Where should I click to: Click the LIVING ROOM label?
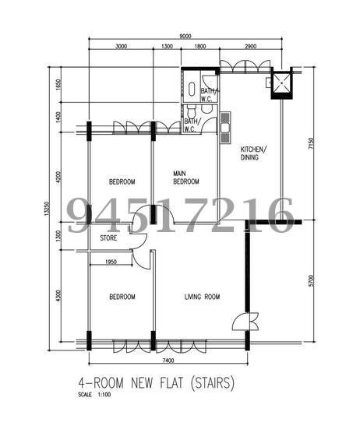[202, 297]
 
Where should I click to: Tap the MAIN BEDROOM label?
[186, 178]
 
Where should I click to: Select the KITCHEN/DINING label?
[253, 153]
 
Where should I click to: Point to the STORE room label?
[108, 238]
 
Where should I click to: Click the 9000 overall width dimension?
[185, 36]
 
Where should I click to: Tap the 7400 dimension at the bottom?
[168, 361]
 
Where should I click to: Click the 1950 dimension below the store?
[111, 262]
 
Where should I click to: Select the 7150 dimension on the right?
[311, 143]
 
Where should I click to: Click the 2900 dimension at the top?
[250, 46]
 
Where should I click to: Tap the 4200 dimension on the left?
[58, 177]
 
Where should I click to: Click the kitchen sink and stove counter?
[225, 128]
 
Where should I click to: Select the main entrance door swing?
[245, 322]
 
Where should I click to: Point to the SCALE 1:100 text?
[94, 395]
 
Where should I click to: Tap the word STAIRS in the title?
[212, 382]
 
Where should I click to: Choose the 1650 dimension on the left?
[58, 84]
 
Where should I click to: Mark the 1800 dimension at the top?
[200, 46]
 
